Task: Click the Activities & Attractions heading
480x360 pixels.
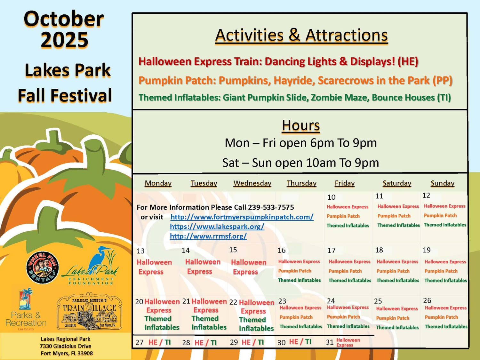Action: (x=301, y=36)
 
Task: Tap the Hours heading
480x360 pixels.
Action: (x=301, y=125)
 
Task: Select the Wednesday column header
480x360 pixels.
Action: (x=252, y=183)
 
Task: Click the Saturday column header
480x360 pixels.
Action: (x=397, y=183)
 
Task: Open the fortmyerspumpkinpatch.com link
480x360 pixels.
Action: (x=242, y=217)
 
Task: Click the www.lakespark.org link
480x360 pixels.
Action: (x=217, y=227)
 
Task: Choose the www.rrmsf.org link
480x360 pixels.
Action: (x=208, y=236)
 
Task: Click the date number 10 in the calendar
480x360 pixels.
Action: (x=331, y=197)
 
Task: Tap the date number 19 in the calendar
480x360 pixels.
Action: (x=427, y=250)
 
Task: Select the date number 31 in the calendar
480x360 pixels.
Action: (x=330, y=342)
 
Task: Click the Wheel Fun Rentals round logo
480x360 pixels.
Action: (x=42, y=267)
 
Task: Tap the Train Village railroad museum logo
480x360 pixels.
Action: (x=89, y=311)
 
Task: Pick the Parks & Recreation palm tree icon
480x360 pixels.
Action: (x=26, y=299)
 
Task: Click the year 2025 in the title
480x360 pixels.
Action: (x=65, y=40)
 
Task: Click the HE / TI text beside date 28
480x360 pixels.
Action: (x=205, y=343)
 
